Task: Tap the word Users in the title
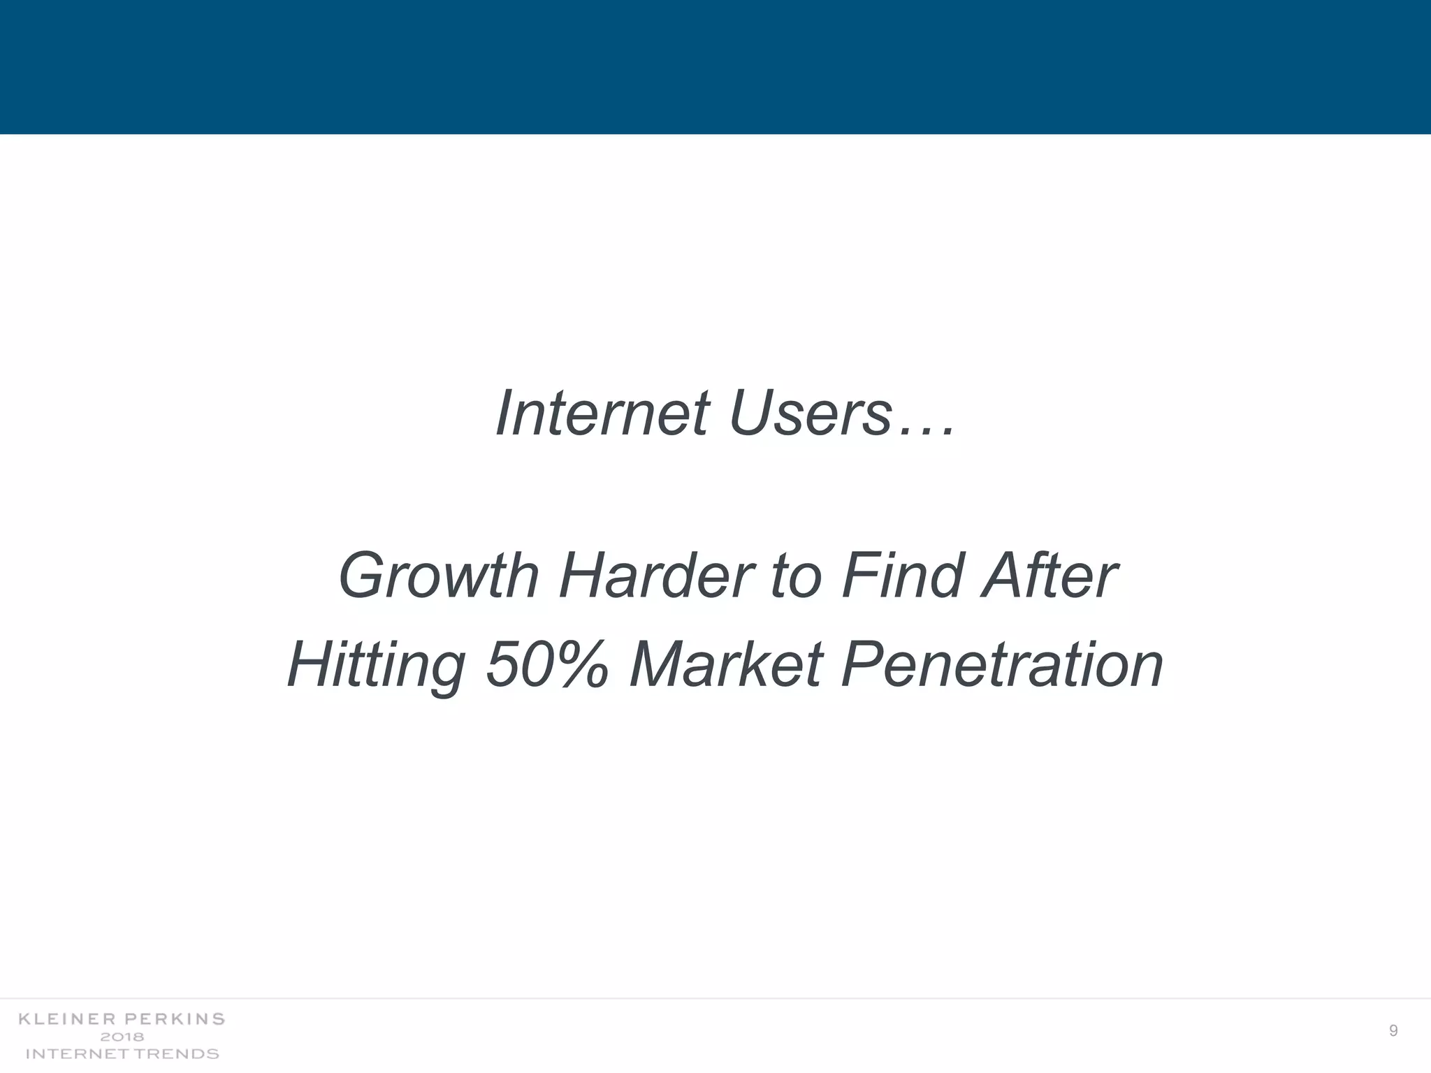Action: coord(811,414)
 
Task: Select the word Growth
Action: coord(438,577)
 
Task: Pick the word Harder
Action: coord(656,577)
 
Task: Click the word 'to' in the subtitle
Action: coord(796,577)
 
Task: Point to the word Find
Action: coord(901,577)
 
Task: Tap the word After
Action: coord(1048,577)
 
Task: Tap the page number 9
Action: coord(1393,1031)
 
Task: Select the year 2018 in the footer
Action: coord(122,1037)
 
